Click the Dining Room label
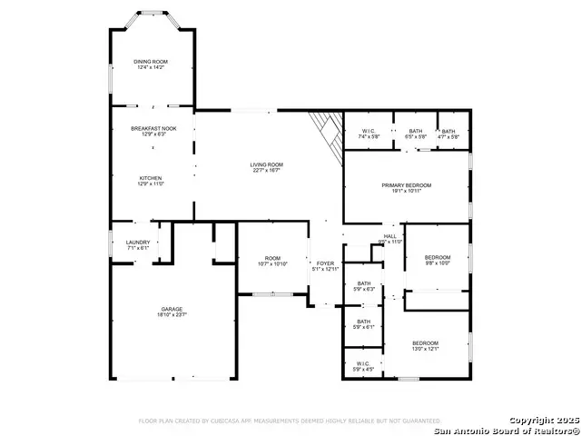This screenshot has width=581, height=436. click(x=152, y=62)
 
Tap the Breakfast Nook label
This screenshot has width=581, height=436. click(x=153, y=129)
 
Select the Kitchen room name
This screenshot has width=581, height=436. click(x=151, y=178)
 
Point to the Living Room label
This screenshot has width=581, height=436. click(x=266, y=164)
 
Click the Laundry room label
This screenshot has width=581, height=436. click(x=138, y=243)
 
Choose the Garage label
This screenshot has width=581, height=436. click(x=172, y=310)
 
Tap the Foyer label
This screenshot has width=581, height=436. click(x=325, y=263)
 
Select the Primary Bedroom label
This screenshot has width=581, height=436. click(x=406, y=185)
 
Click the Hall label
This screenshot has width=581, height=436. click(x=390, y=237)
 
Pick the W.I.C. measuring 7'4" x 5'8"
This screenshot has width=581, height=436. click(x=369, y=131)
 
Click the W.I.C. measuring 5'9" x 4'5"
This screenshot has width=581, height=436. click(x=363, y=364)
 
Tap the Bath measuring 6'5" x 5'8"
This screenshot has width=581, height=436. click(x=416, y=131)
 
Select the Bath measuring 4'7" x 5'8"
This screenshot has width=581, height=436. click(x=448, y=131)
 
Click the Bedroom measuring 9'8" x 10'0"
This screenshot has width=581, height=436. click(x=438, y=258)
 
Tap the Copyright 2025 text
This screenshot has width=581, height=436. click(x=542, y=420)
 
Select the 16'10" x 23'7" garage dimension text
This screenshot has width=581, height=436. click(x=172, y=315)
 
